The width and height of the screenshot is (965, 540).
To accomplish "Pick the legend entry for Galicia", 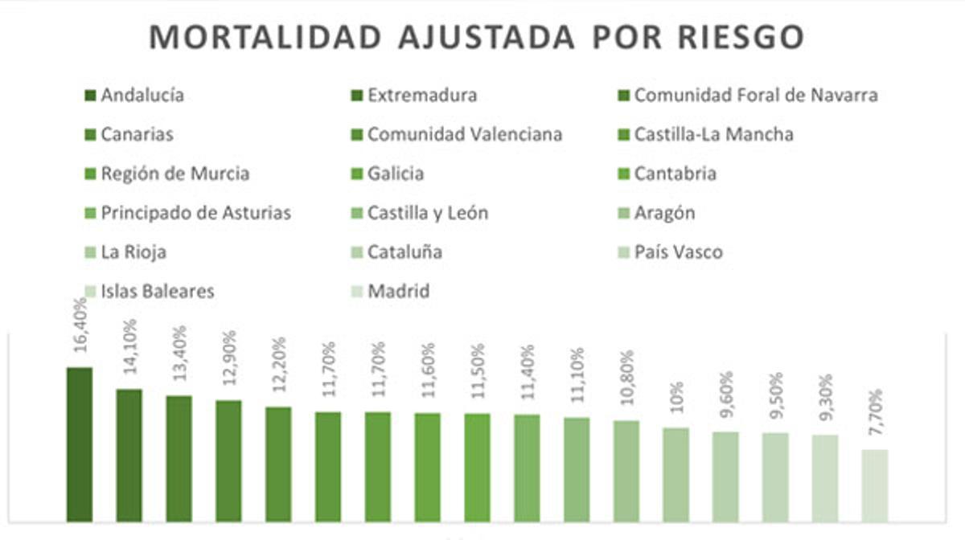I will [395, 174].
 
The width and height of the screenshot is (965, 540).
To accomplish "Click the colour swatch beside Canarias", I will [90, 134].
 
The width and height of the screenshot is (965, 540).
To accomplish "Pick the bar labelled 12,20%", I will [278, 464].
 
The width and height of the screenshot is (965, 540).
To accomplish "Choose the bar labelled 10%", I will [675, 474].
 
